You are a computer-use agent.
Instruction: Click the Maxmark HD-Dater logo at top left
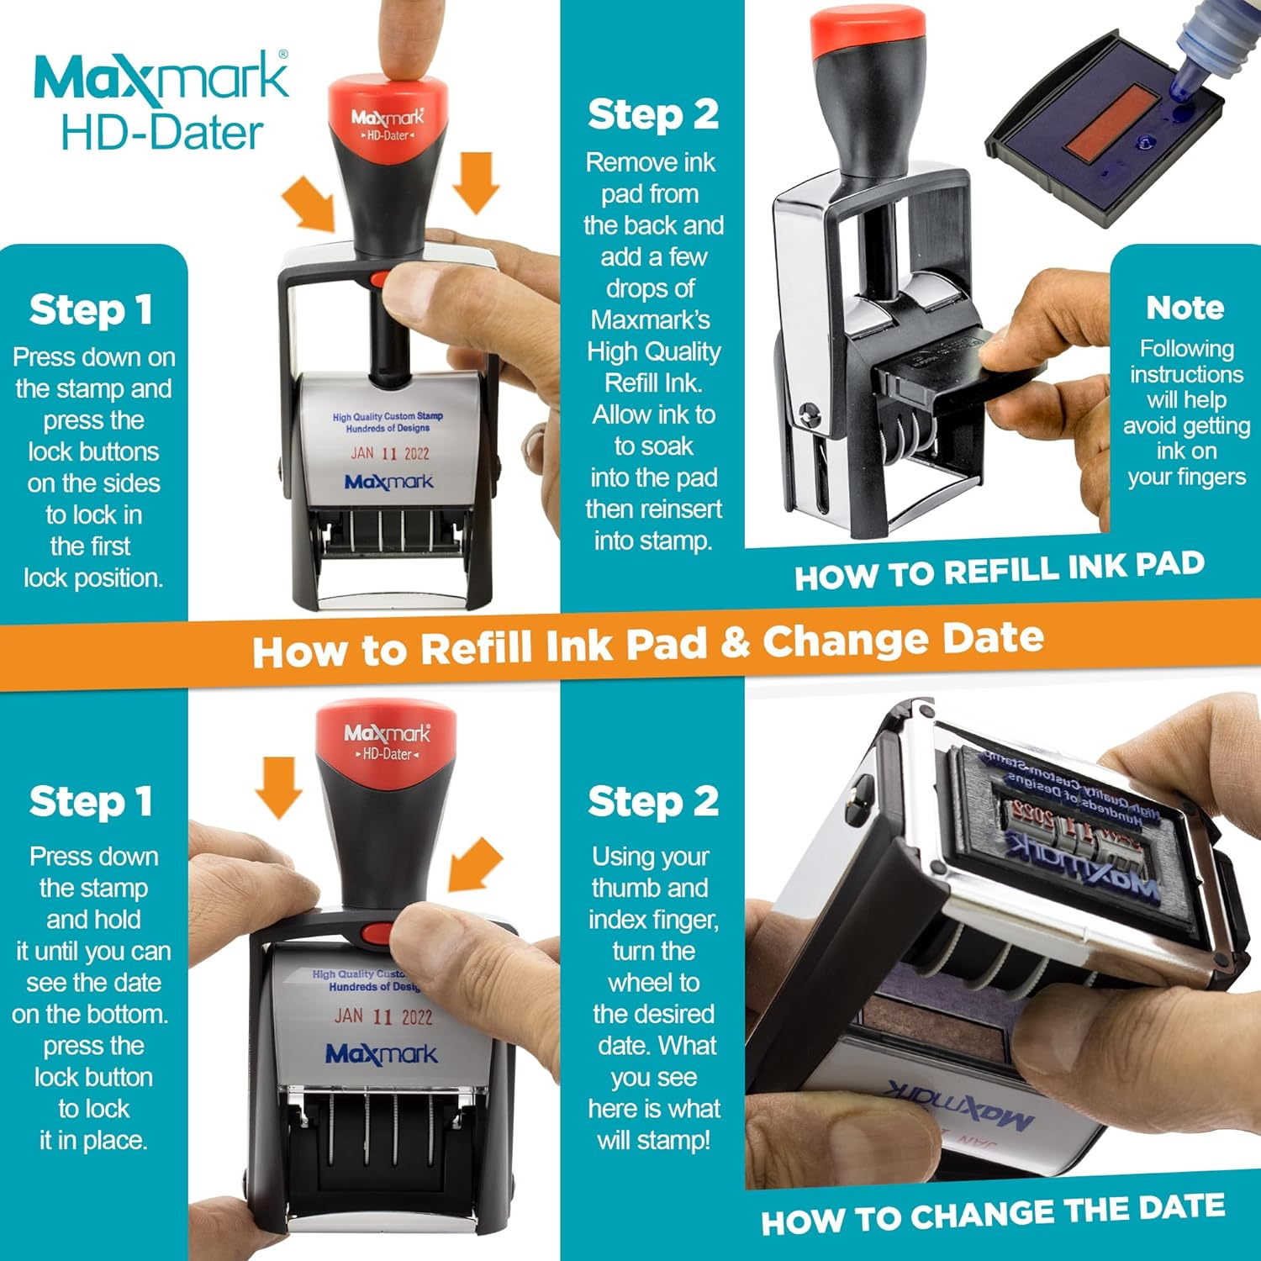(x=160, y=101)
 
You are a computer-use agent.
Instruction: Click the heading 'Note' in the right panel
(x=1184, y=308)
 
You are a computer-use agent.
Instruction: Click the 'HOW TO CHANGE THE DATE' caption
(x=992, y=1214)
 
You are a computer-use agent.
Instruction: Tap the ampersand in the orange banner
(x=734, y=644)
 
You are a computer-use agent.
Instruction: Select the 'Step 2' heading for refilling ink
(x=652, y=114)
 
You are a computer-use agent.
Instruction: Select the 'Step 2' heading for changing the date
(x=652, y=801)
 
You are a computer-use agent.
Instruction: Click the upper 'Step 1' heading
(x=91, y=309)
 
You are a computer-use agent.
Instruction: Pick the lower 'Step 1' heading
(x=91, y=801)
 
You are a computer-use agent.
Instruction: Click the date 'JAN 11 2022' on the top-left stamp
(x=389, y=454)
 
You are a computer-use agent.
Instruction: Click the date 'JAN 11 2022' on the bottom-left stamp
(x=383, y=1016)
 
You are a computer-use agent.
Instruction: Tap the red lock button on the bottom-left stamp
(x=376, y=934)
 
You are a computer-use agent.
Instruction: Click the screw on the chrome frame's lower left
(x=809, y=412)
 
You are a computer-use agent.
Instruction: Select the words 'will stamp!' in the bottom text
(x=653, y=1141)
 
